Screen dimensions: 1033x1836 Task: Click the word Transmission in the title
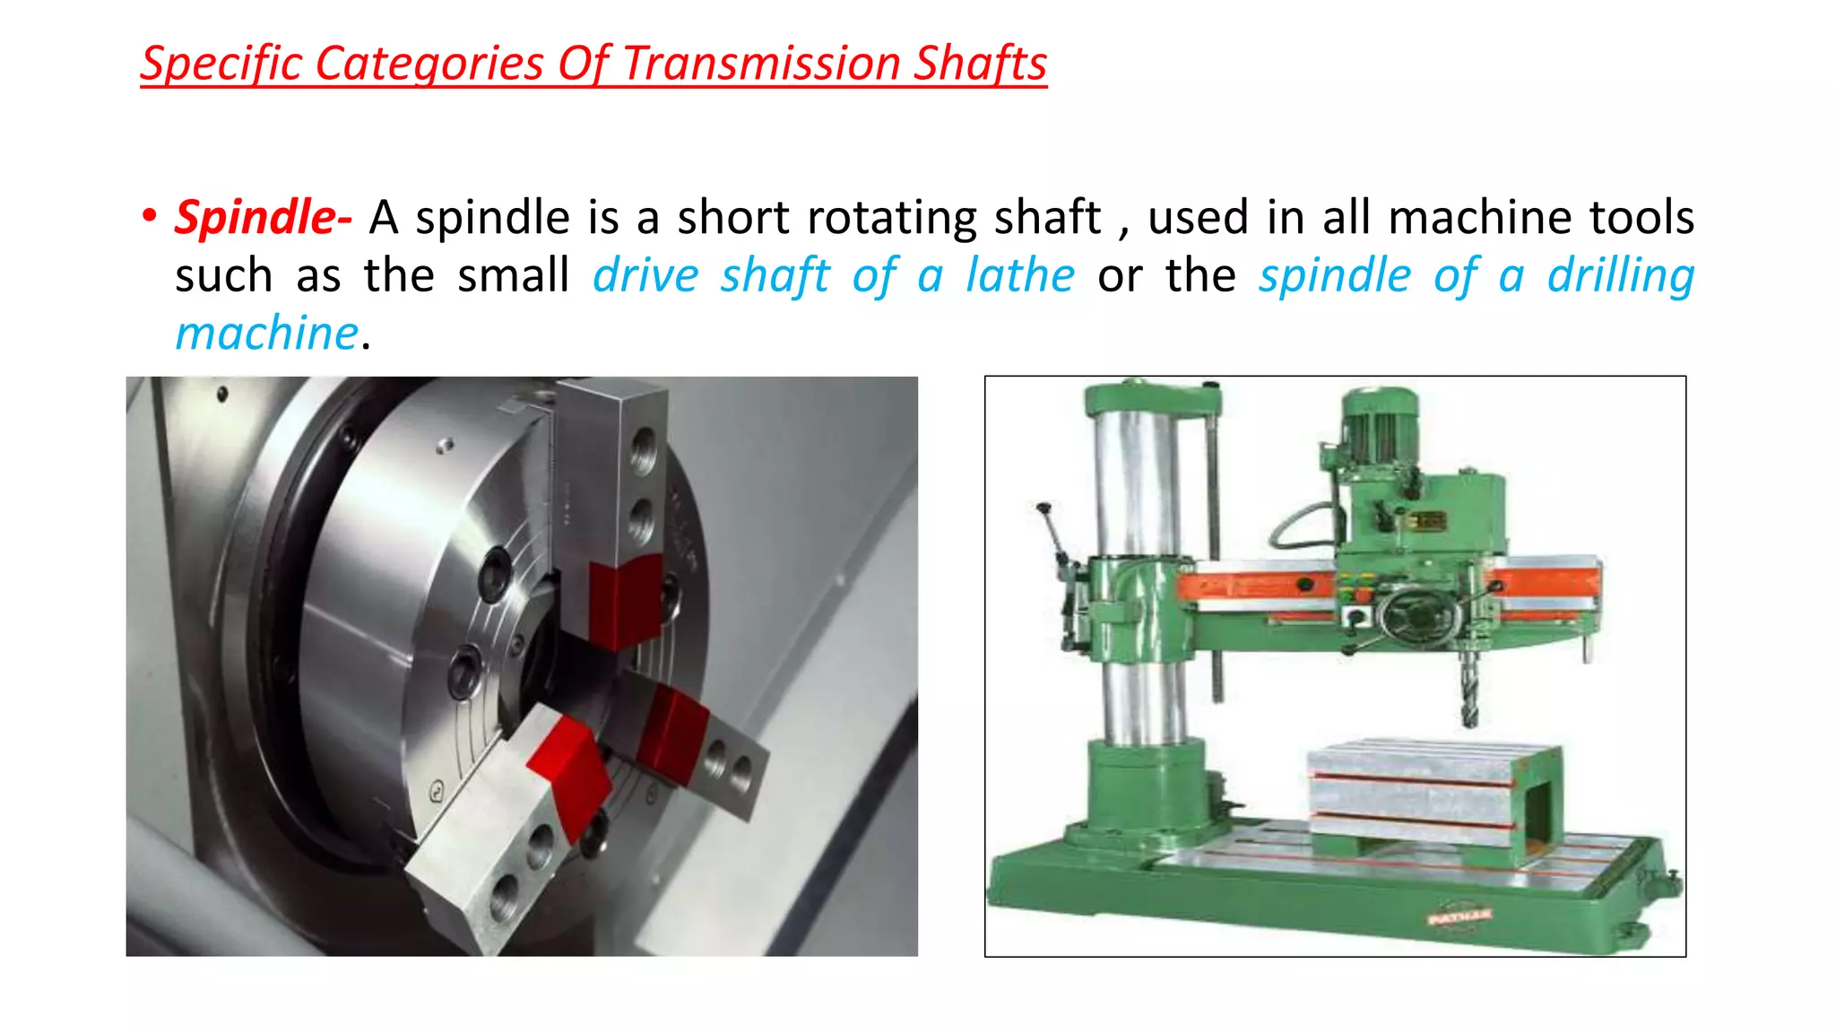[x=761, y=64]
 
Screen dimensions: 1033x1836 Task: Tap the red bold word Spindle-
[x=263, y=218]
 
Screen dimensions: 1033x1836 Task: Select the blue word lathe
[x=1019, y=275]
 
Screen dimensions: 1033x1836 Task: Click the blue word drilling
[x=1621, y=275]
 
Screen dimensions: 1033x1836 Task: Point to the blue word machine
[x=266, y=334]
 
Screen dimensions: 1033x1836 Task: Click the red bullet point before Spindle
[x=150, y=216]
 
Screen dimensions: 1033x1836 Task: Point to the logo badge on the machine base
[x=1459, y=916]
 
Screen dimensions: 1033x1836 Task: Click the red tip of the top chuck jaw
[x=626, y=599]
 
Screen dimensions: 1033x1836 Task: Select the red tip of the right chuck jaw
[x=674, y=727]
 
